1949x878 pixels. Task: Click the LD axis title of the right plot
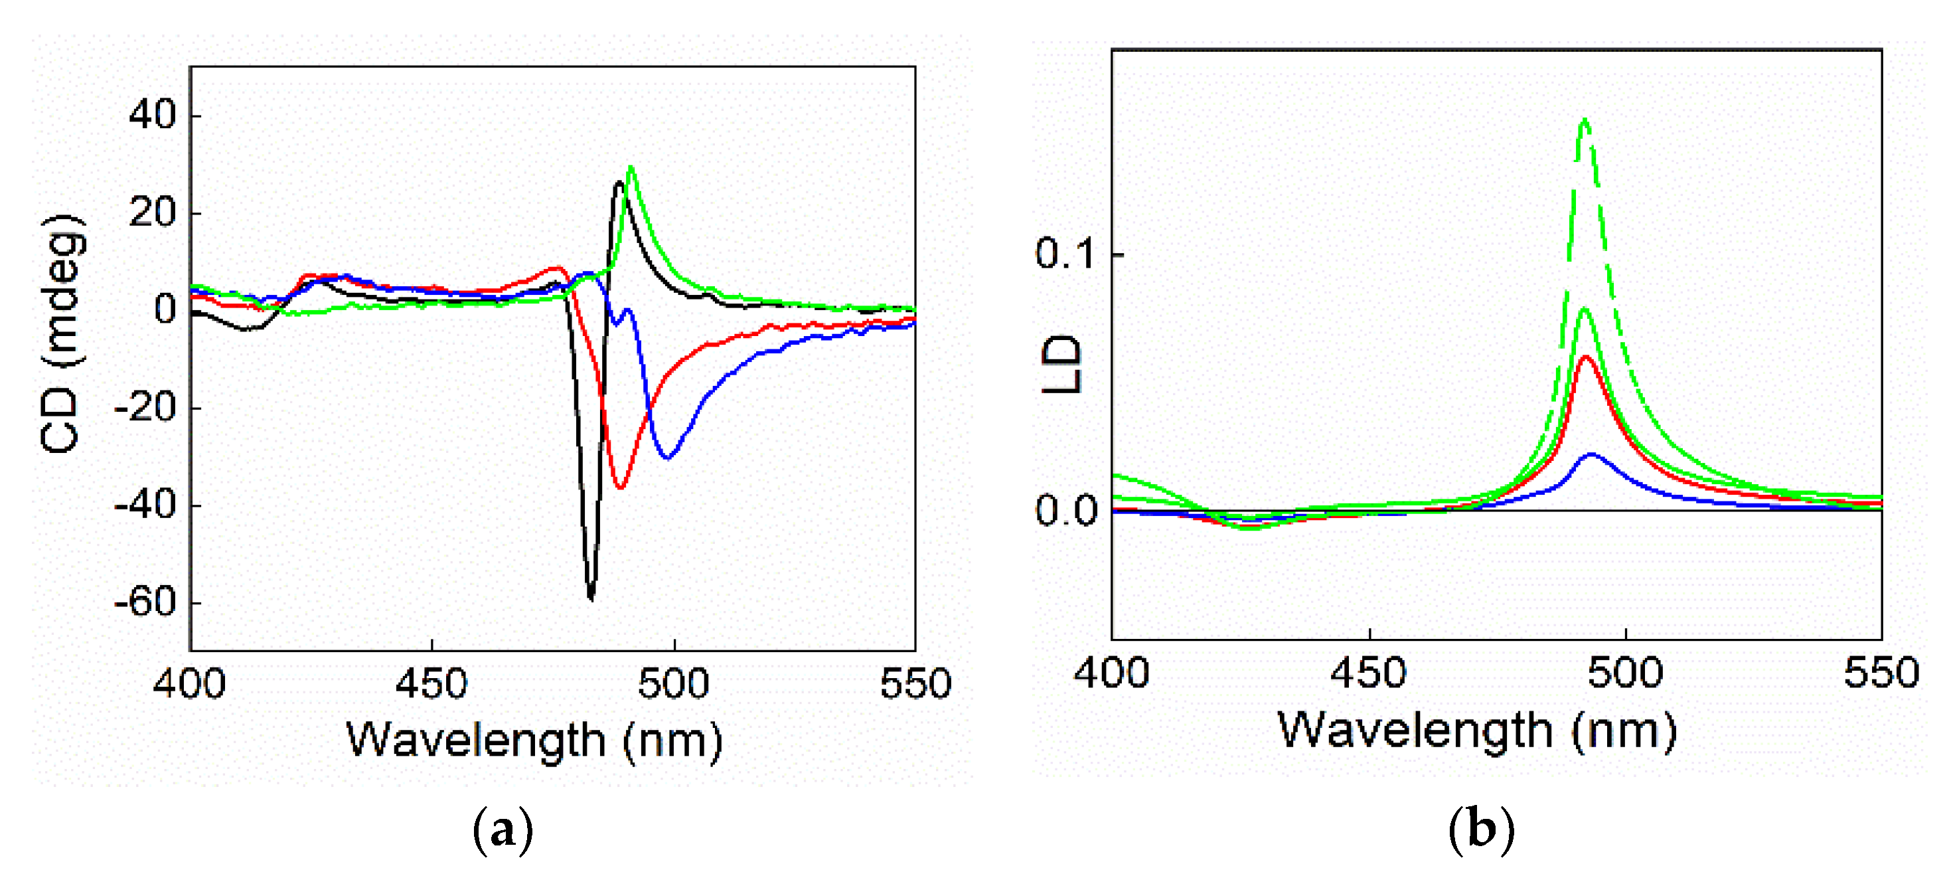coord(1061,363)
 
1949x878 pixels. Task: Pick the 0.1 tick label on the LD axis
coord(1065,254)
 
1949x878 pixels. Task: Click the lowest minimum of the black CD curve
coord(591,598)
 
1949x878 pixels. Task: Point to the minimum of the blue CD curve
coord(666,457)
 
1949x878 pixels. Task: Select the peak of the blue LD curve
coord(1592,454)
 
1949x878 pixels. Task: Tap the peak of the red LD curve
coord(1585,357)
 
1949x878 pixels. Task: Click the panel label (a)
coord(503,830)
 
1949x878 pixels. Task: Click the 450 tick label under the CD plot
coord(431,683)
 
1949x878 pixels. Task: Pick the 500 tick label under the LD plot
coord(1624,672)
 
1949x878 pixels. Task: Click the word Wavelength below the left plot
coord(475,741)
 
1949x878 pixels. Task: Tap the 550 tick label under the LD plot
coord(1881,672)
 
